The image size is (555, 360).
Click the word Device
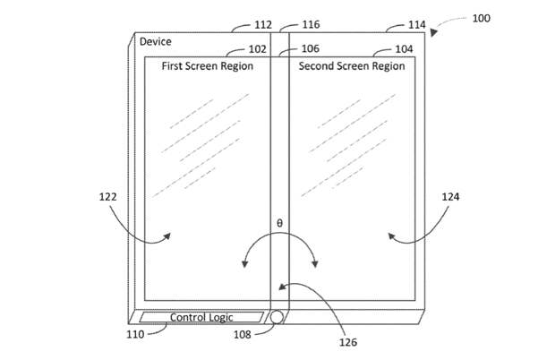coord(154,41)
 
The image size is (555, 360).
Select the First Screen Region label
coord(207,66)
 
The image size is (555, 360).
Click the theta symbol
coord(278,221)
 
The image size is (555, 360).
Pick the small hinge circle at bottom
coord(277,317)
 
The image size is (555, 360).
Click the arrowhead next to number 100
coord(436,31)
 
